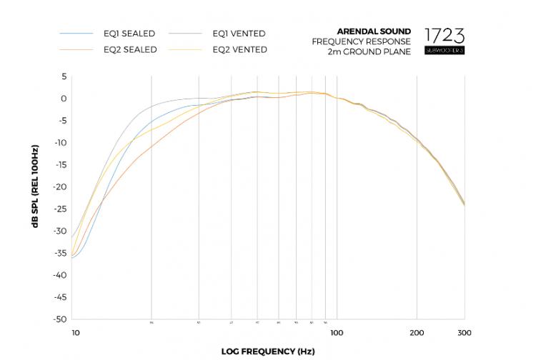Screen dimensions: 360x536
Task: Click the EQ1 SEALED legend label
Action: [129, 34]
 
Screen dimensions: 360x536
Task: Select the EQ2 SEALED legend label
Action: [129, 50]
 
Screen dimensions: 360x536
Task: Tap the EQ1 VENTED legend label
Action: [239, 34]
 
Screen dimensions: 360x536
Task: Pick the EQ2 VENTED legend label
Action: [239, 50]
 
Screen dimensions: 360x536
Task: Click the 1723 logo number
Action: [445, 35]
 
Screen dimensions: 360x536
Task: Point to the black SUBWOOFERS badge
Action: [445, 52]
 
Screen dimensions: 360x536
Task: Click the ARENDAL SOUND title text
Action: [374, 31]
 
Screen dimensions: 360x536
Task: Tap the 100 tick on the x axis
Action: [337, 333]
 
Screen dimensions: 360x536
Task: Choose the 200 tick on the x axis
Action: [417, 333]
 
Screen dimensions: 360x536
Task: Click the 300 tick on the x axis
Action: [464, 333]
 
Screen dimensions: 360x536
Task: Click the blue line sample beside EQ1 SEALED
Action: [76, 34]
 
